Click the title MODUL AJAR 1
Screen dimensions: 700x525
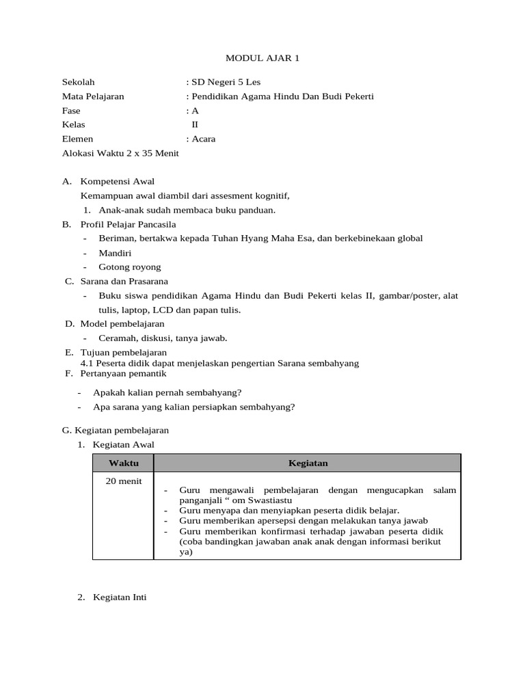click(262, 58)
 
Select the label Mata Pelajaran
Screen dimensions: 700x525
click(93, 96)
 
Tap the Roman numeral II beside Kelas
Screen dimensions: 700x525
click(195, 124)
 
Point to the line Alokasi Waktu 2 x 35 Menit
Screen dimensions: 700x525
click(120, 153)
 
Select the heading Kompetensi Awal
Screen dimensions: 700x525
click(117, 181)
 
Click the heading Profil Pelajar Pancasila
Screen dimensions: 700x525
click(128, 224)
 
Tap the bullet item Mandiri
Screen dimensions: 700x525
click(114, 252)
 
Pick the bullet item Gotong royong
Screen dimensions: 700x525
click(130, 267)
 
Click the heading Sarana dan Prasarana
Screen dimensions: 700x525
click(124, 281)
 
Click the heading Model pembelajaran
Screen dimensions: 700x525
click(122, 323)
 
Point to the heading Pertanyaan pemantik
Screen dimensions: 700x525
click(123, 373)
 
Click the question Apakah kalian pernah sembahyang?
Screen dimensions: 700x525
click(170, 392)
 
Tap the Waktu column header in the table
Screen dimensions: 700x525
click(123, 463)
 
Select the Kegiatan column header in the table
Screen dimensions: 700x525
click(308, 463)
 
